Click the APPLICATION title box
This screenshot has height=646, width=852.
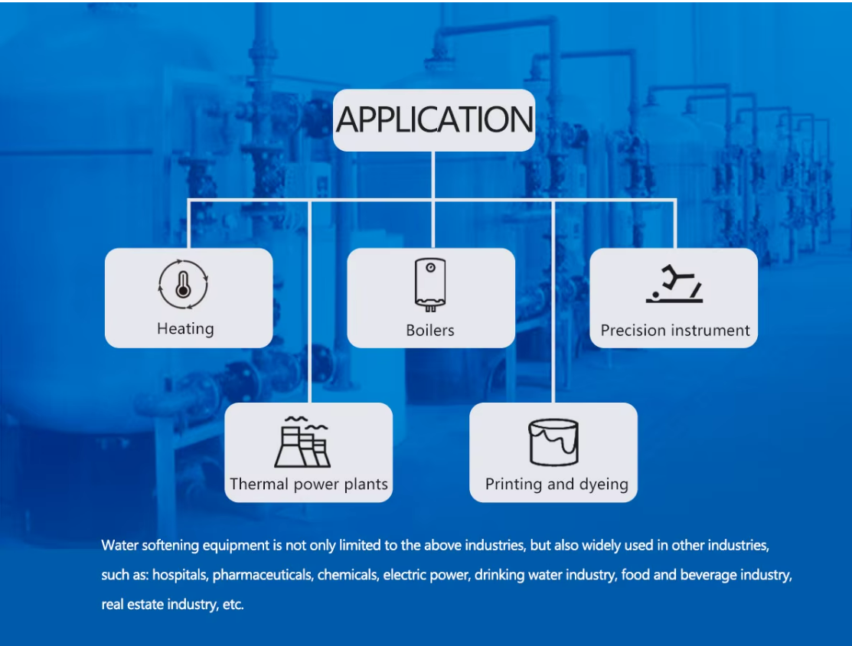pos(433,120)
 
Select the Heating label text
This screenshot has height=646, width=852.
pos(185,329)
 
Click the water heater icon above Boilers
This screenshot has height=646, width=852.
pos(430,285)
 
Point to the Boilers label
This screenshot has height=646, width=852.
pos(430,331)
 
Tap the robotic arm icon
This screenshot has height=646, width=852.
pos(674,285)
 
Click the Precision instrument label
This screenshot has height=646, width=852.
pos(674,331)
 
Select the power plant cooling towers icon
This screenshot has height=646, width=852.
pos(303,443)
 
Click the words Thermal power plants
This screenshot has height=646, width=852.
pos(308,484)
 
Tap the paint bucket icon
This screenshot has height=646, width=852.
pos(553,443)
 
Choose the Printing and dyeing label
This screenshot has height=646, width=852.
pos(557,484)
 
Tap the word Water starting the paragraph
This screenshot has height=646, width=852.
pos(119,546)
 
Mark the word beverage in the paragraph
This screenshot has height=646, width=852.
pos(697,575)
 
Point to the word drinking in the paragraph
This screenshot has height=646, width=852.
pos(501,575)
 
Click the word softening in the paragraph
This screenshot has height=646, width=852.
pos(169,546)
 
